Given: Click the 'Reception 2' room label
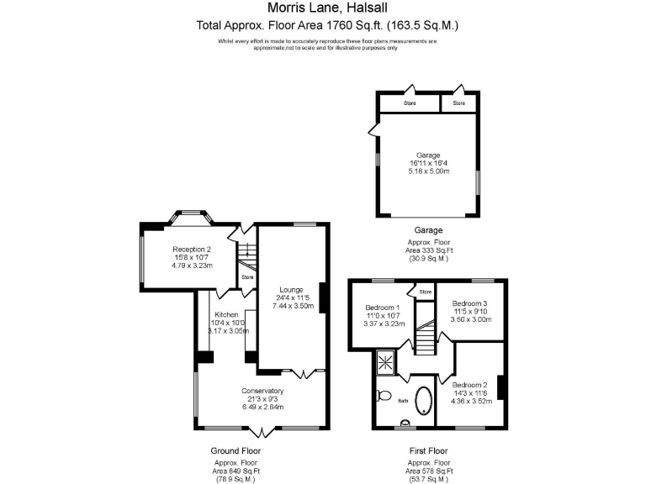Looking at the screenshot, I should pyautogui.click(x=192, y=249).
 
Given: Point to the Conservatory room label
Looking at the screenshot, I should pyautogui.click(x=262, y=391).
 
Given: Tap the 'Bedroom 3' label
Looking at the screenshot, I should pyautogui.click(x=470, y=302).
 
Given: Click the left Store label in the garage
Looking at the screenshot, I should pyautogui.click(x=410, y=103).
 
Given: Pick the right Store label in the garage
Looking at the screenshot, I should pyautogui.click(x=458, y=103).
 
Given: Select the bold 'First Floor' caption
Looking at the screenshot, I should pyautogui.click(x=429, y=451).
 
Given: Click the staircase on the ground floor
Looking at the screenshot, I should pyautogui.click(x=245, y=251).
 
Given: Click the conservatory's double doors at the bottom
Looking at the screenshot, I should pyautogui.click(x=262, y=431).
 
